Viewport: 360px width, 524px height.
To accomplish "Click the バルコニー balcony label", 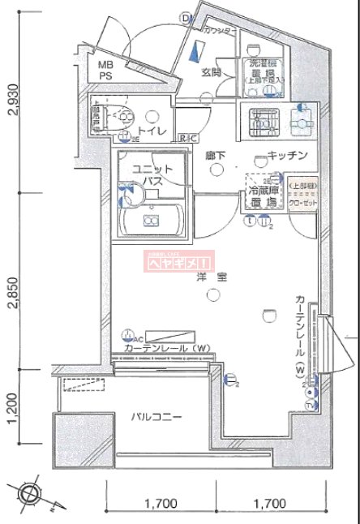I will tap(157, 417).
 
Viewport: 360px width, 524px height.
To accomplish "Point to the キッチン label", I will tap(286, 156).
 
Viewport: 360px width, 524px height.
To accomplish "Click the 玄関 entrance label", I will tap(212, 71).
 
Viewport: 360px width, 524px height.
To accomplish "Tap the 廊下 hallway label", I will tap(215, 154).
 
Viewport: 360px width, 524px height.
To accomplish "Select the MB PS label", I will tap(107, 70).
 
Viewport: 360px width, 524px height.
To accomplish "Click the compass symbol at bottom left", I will tap(28, 492).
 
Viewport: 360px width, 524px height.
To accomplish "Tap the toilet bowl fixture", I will tap(122, 118).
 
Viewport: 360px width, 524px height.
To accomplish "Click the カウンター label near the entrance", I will tap(220, 30).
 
